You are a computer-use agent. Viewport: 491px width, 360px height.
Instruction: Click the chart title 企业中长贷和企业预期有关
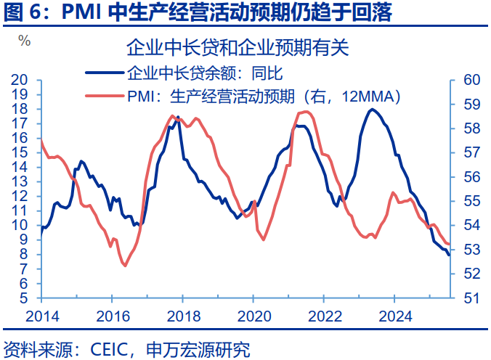[238, 48]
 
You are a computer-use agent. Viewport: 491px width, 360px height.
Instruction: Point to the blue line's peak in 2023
[372, 110]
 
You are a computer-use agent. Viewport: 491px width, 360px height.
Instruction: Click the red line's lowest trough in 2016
[124, 265]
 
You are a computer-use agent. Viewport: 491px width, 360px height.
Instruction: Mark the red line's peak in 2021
[305, 111]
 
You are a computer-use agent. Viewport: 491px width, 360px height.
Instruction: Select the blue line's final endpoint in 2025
[449, 255]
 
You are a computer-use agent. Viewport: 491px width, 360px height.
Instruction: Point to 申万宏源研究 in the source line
[198, 350]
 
